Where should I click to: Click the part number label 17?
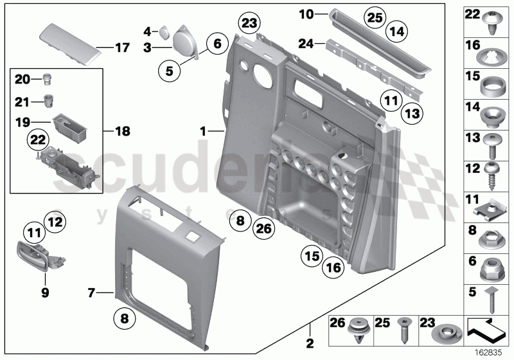pyautogui.click(x=121, y=48)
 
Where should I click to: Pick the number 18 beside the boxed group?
pyautogui.click(x=121, y=131)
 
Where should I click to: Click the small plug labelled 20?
pyautogui.click(x=47, y=80)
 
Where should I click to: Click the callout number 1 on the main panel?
pyautogui.click(x=203, y=130)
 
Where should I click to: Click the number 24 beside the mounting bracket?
pyautogui.click(x=306, y=44)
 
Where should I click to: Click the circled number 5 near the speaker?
pyautogui.click(x=169, y=72)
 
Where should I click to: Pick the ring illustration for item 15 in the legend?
pyautogui.click(x=491, y=87)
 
